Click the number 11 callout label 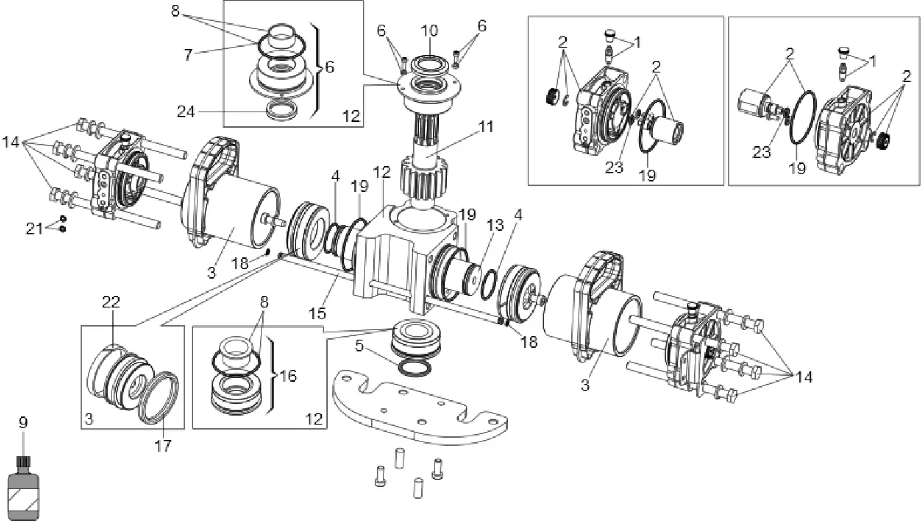[x=486, y=127]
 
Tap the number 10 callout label [x=429, y=31]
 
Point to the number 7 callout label [x=189, y=54]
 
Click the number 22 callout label [x=111, y=302]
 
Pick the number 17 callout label [x=163, y=445]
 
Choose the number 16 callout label [x=289, y=376]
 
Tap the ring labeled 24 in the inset [x=274, y=110]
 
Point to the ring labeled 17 [x=160, y=398]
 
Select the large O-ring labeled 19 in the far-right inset [x=803, y=118]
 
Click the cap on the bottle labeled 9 [x=23, y=462]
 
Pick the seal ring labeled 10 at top [x=429, y=65]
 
